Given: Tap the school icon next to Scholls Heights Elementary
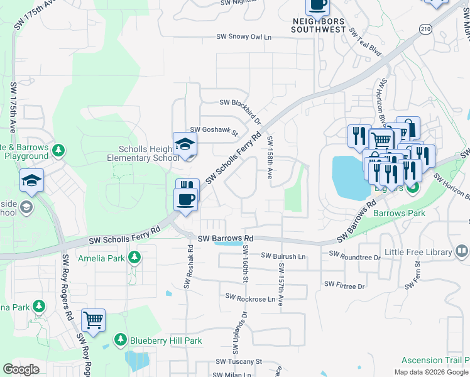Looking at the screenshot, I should point(185,145).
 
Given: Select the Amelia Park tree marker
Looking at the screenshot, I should point(133,258).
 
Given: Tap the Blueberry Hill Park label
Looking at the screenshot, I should point(166,341).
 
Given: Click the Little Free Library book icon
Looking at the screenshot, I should point(461,252).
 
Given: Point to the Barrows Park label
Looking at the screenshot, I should point(399,213).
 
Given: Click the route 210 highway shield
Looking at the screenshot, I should point(426,29).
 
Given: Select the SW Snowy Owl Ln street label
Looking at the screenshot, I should point(244,38).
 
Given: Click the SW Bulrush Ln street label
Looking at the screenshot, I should point(283,256).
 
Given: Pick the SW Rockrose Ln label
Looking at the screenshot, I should point(250,299).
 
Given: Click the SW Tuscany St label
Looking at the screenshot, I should point(239,361).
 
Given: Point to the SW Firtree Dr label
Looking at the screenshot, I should point(344,286).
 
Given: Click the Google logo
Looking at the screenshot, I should point(21,369).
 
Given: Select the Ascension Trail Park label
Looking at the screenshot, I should point(435,360).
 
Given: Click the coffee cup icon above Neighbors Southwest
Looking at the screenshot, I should point(317,5).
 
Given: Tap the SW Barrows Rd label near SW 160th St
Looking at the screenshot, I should point(225,239).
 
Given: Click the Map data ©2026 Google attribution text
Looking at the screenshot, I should point(430,372).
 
